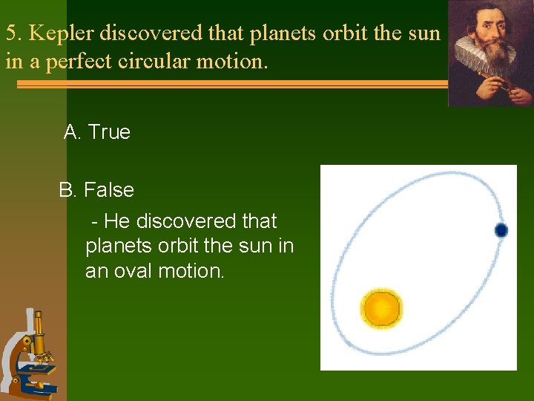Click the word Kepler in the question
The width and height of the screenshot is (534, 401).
coord(62,33)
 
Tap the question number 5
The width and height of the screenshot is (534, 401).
coord(12,33)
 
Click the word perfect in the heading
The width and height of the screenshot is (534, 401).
coord(78,61)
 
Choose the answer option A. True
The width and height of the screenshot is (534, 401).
coord(97,132)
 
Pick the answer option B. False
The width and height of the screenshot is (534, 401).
coord(96,190)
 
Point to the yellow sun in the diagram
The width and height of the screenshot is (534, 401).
coord(381,308)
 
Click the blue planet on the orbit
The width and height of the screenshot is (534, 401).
coord(501,230)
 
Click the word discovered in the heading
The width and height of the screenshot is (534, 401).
coord(151,33)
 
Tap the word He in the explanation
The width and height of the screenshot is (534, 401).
coord(117,221)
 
